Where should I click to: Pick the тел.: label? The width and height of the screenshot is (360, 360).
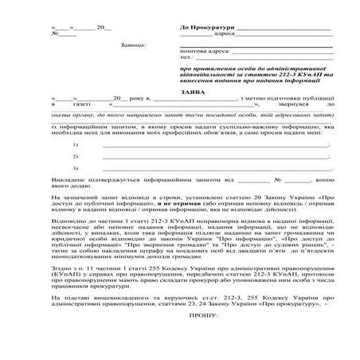tap(188, 57)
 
